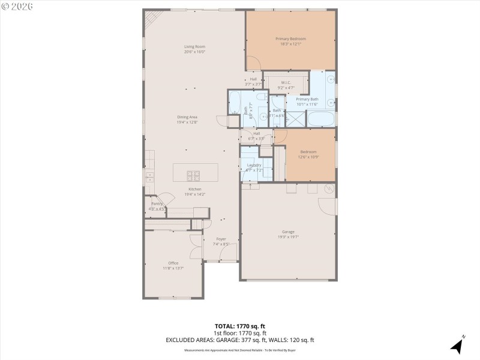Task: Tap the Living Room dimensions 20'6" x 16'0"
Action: point(195,52)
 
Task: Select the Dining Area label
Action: point(187,117)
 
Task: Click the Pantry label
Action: point(157,204)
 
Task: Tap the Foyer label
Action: point(221,239)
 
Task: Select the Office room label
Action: point(173,263)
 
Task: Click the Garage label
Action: point(288,232)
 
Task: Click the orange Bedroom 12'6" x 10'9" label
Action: point(309,152)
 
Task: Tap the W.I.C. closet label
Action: point(286,83)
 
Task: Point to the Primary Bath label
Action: point(307,99)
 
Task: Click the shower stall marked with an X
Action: point(295,118)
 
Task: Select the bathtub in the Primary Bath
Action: point(321,118)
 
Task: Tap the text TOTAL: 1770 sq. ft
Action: point(240,326)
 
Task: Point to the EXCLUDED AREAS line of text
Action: point(240,340)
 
